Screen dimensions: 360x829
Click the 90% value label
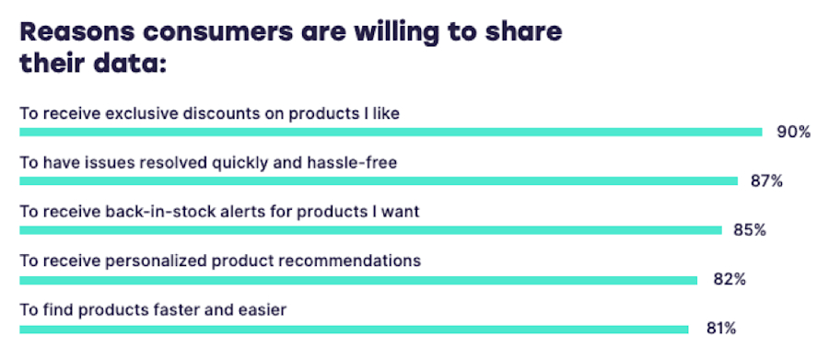tap(793, 133)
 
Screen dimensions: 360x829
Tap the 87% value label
tap(766, 181)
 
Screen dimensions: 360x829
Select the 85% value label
tap(750, 230)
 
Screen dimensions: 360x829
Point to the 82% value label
tap(729, 279)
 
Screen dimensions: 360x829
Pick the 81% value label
tap(719, 328)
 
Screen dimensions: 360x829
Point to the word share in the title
tap(523, 33)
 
